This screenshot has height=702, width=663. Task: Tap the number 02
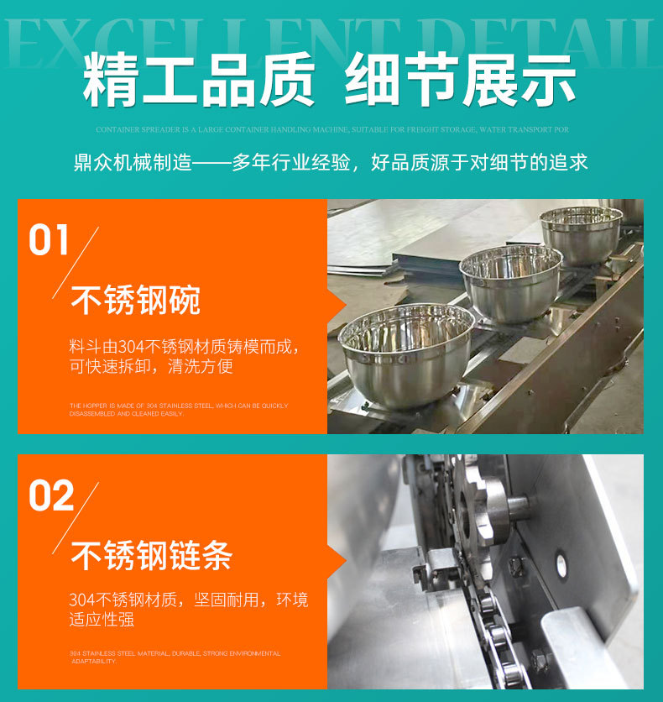[51, 495]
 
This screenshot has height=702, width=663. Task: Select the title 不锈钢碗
[135, 300]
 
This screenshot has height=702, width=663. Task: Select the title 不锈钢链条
[151, 555]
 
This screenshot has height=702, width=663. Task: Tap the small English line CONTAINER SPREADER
[331, 130]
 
